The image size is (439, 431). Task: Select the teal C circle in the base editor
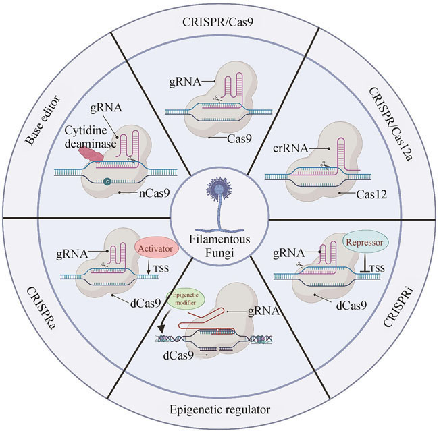coord(107,180)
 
